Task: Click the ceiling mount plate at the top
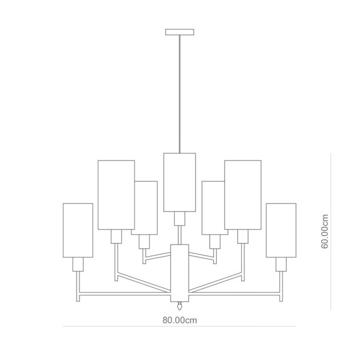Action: coord(179,32)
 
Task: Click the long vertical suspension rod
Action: coord(179,94)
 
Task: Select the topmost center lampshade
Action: coord(179,182)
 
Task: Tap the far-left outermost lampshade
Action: coord(78,230)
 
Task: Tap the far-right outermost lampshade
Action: coord(281,230)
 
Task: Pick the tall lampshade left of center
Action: coord(116,195)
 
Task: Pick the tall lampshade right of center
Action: coord(243,195)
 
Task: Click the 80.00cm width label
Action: coord(180,320)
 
